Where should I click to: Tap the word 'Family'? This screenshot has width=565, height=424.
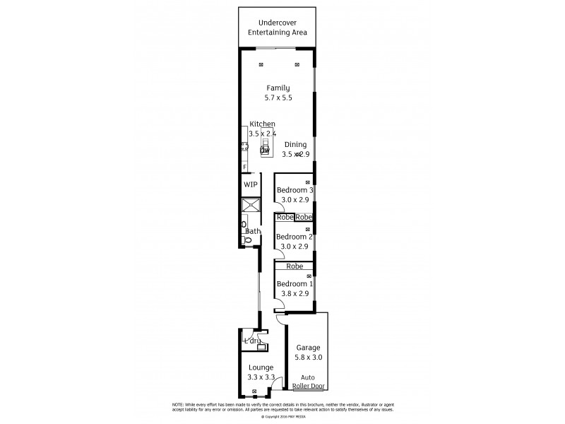pos(278,88)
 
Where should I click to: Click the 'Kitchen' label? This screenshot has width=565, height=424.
pos(262,124)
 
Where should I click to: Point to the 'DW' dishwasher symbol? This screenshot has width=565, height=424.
pos(266,151)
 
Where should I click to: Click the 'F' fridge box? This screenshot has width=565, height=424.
pos(244,167)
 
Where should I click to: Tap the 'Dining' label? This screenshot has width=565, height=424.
pos(295,144)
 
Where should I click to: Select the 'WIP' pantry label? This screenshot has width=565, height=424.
pos(250,184)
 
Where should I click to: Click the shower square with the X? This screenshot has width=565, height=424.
pos(251,206)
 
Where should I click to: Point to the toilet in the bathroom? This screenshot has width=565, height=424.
pos(246,241)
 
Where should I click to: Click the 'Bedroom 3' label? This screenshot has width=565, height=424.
pos(295,190)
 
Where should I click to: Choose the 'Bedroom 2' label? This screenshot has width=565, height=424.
pos(295,237)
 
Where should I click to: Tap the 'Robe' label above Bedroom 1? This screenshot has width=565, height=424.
pos(295,266)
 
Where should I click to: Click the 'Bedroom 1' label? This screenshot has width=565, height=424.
pos(295,284)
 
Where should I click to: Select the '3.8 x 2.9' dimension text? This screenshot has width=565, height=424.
pos(295,294)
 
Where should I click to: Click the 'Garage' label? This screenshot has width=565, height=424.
pos(308,348)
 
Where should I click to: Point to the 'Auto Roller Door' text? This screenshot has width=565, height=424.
pos(309,382)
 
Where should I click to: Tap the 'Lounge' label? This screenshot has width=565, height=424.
pos(261,367)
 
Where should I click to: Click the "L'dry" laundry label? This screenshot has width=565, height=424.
pos(251,341)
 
